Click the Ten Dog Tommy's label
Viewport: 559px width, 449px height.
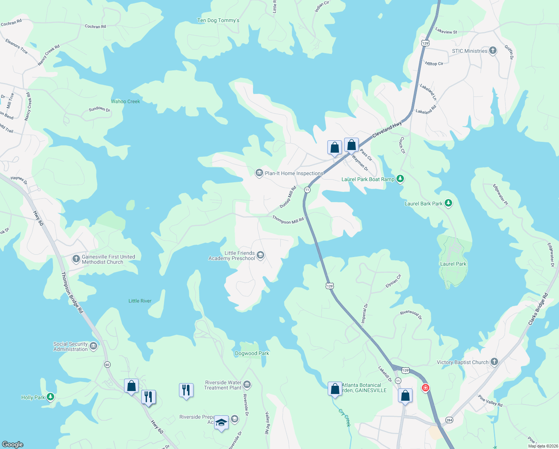pos(218,21)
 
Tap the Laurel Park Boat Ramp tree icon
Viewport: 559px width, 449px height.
pos(400,179)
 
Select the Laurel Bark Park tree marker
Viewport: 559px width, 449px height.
pos(448,203)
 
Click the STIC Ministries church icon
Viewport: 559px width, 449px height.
pos(493,51)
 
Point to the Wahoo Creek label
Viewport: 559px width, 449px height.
pos(126,101)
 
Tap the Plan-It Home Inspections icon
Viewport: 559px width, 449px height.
pos(259,173)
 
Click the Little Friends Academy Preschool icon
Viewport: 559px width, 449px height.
pos(260,255)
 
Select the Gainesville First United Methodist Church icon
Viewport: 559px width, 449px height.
pos(76,259)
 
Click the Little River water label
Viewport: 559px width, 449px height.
pos(140,301)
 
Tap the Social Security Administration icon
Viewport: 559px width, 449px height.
pos(93,346)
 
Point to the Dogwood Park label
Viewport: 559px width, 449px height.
pos(252,353)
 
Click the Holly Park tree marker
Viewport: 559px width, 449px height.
pos(50,397)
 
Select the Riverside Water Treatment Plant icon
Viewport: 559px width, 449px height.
pos(247,384)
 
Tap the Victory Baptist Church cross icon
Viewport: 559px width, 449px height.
pos(494,361)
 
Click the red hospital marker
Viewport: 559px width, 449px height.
pos(425,388)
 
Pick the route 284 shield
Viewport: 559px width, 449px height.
pos(449,420)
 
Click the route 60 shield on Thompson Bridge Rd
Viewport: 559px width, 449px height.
pos(107,364)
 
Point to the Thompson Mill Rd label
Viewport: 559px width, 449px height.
pos(288,220)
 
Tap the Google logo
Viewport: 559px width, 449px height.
pos(13,444)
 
